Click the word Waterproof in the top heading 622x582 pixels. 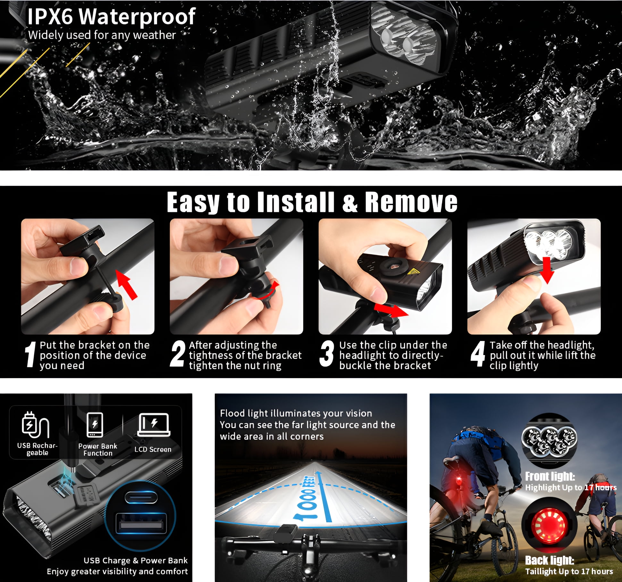137,17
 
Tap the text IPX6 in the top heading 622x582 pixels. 50,16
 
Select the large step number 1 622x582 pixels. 30,354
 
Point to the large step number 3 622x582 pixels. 327,354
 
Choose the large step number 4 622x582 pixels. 478,354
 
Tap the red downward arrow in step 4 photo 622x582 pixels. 547,270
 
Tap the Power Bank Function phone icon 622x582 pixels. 95,425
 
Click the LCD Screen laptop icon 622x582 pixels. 154,425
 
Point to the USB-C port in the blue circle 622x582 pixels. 141,497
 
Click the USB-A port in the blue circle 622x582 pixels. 141,525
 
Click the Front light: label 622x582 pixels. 550,477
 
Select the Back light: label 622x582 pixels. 549,560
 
